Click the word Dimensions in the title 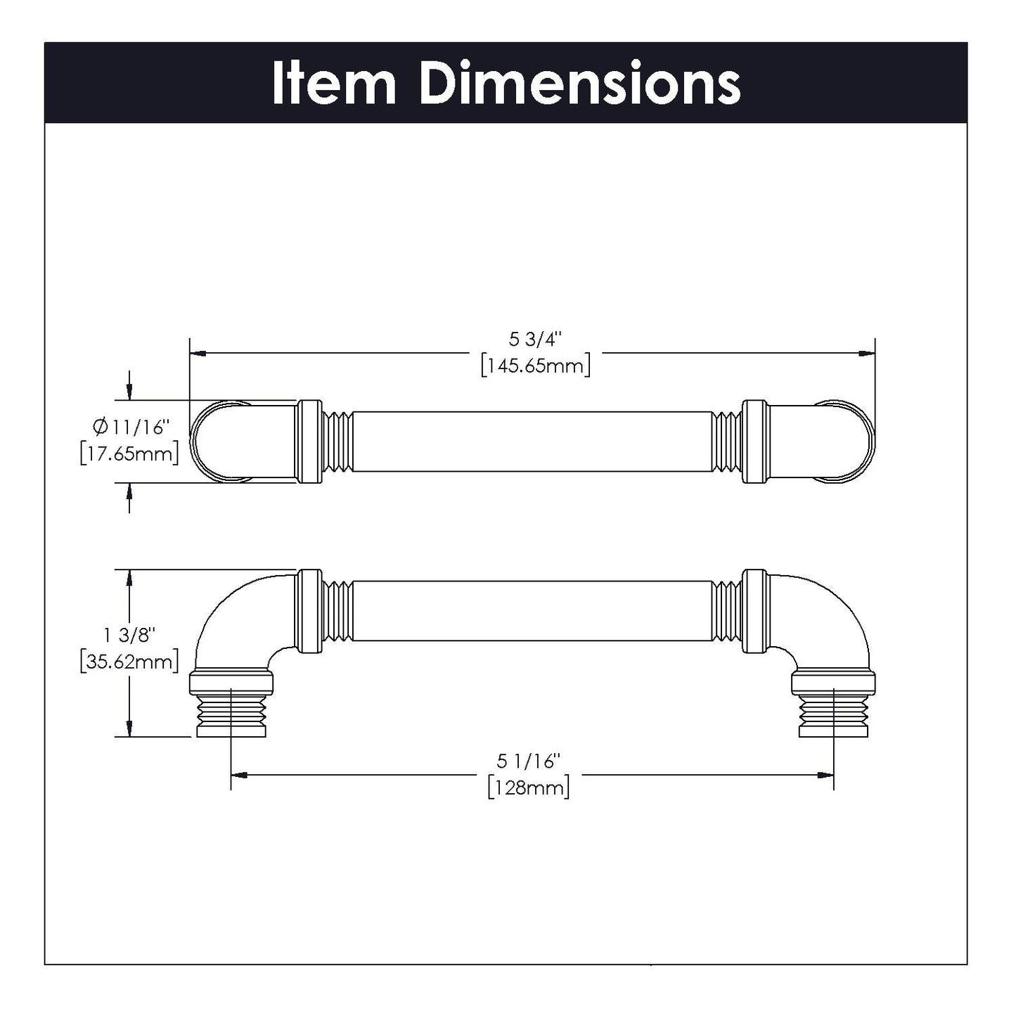click(579, 84)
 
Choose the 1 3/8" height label click(129, 635)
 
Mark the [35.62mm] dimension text click(129, 661)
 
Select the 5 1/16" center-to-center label click(528, 761)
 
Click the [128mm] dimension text click(528, 787)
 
